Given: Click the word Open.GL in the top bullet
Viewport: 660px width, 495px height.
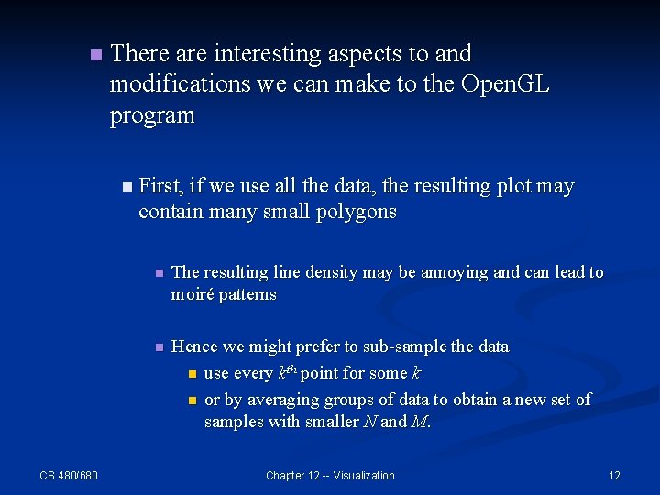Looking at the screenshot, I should pyautogui.click(x=505, y=84).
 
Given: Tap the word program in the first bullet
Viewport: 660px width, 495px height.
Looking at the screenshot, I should pyautogui.click(x=152, y=115).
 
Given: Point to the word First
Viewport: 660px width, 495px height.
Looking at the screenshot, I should pyautogui.click(x=160, y=186).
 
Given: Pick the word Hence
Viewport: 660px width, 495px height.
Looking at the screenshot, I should pyautogui.click(x=194, y=346).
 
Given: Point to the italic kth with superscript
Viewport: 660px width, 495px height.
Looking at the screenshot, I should pyautogui.click(x=287, y=372).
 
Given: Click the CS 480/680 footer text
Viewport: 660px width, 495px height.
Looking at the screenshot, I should pyautogui.click(x=69, y=475).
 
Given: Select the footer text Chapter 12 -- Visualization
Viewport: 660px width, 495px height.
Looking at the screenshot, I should pyautogui.click(x=330, y=475).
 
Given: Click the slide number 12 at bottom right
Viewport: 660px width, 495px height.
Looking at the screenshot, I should pyautogui.click(x=614, y=475).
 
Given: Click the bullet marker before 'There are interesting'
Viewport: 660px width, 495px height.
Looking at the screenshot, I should pyautogui.click(x=94, y=56).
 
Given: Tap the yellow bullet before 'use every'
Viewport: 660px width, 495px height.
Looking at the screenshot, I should pyautogui.click(x=192, y=374).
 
